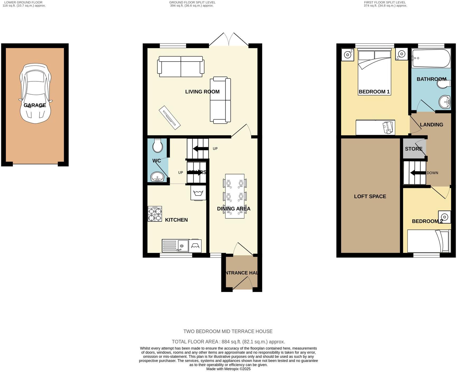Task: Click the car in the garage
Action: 35,94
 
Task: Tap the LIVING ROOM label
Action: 202,92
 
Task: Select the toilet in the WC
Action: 158,146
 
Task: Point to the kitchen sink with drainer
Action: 175,246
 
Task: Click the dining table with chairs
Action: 235,196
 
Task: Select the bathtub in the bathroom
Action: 431,58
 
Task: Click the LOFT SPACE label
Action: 370,196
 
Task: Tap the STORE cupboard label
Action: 413,149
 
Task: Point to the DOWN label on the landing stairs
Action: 432,173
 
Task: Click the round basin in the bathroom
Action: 445,102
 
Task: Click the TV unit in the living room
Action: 170,118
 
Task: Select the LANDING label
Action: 431,125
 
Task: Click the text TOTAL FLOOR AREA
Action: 195,342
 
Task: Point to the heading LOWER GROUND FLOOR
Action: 23,2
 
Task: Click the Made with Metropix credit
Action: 228,369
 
